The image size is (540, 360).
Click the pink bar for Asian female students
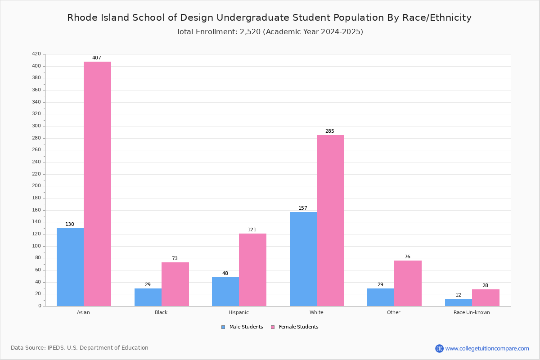(x=97, y=184)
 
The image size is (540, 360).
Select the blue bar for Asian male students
(x=70, y=267)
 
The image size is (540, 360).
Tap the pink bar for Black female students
(x=175, y=284)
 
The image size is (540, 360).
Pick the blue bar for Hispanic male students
(x=225, y=292)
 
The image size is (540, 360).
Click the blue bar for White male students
(x=303, y=259)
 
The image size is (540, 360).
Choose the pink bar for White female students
(x=330, y=220)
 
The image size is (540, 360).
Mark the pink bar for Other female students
(x=408, y=283)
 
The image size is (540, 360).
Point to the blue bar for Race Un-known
(x=459, y=302)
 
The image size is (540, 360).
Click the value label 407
(x=97, y=58)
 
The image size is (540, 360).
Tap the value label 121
(x=252, y=230)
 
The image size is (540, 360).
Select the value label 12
(x=458, y=295)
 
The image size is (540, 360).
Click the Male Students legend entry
(x=242, y=327)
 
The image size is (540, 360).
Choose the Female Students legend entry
(x=295, y=327)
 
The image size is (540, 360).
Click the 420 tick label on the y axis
(x=36, y=54)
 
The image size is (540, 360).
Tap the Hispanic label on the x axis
(x=238, y=312)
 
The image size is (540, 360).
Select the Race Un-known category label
(x=472, y=312)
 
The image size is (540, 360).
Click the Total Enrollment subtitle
(x=270, y=32)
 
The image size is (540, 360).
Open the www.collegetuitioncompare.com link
(x=487, y=348)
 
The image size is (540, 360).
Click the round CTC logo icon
(x=439, y=348)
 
